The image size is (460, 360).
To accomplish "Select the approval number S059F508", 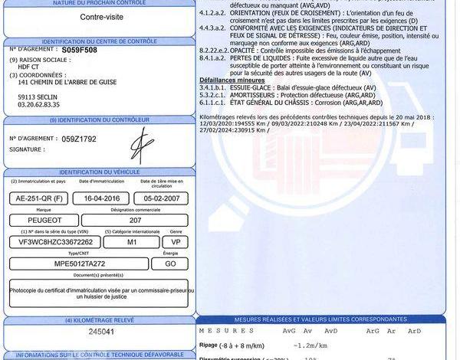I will [x=80, y=49].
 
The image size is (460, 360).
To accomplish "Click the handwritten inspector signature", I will [x=141, y=143].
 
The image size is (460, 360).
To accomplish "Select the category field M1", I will [x=132, y=241].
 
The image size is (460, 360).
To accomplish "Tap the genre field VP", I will [x=175, y=241].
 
